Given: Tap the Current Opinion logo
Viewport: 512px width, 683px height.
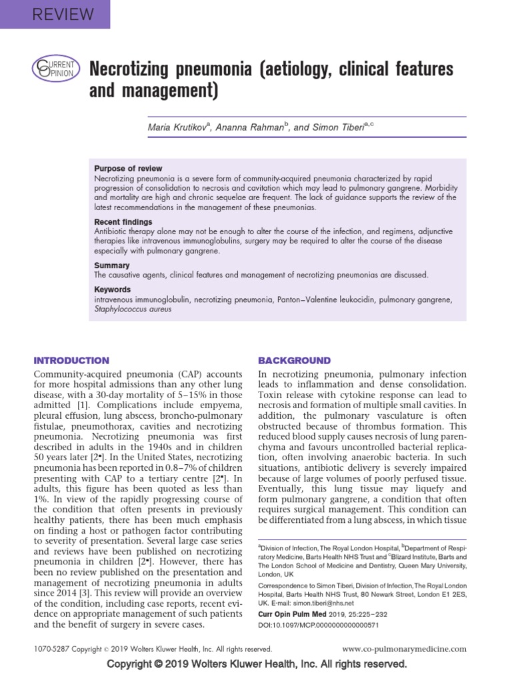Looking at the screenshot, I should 55,69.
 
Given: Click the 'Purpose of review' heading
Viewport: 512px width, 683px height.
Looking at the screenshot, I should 128,169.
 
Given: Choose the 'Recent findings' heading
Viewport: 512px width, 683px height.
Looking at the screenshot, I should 123,221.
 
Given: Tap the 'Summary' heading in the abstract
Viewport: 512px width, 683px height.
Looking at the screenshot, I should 111,265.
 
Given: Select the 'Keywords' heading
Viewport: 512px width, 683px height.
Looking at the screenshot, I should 113,290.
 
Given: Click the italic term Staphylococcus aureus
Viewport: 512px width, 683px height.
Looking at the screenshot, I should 133,309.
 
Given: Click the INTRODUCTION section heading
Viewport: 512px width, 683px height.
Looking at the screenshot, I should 71,360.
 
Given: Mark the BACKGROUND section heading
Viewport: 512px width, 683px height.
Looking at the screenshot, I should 294,360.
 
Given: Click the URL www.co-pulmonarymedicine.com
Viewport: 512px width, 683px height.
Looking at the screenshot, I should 404,648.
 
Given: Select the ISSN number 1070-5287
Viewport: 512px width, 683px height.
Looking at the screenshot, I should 52,648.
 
